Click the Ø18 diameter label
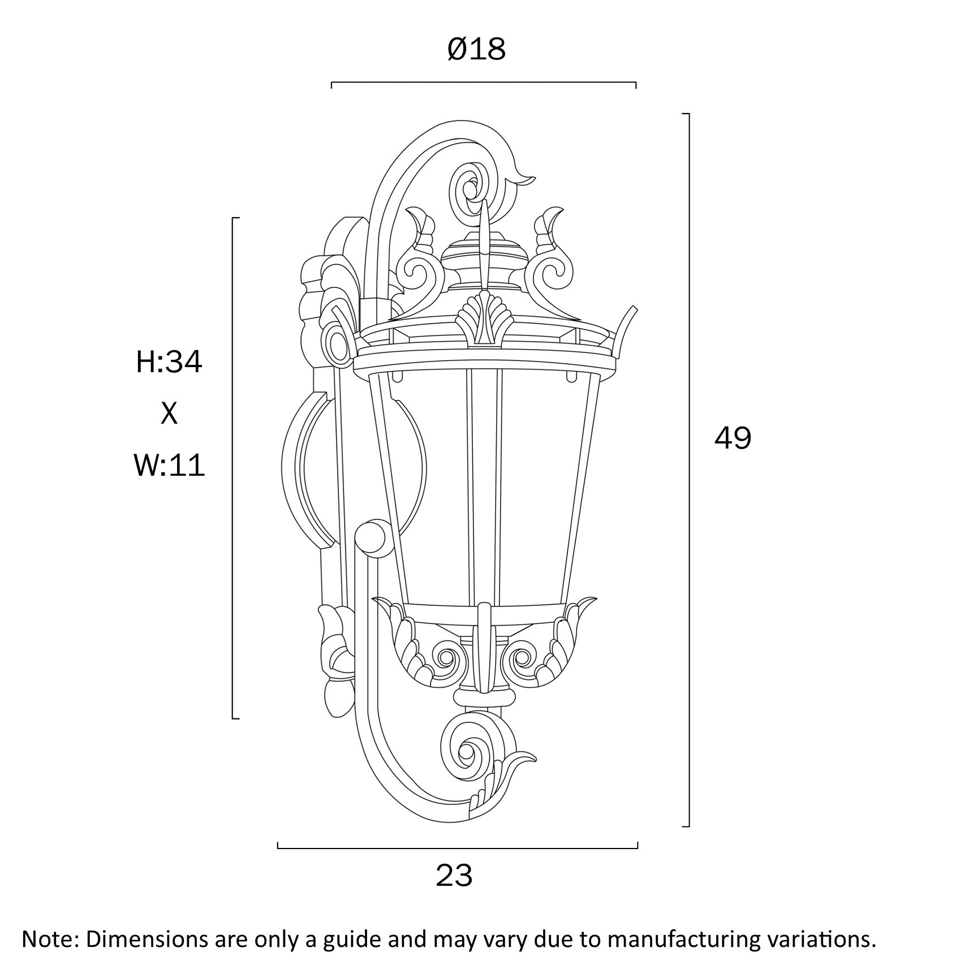pos(476,49)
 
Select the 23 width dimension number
pos(454,876)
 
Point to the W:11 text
pos(169,467)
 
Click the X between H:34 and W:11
pos(169,414)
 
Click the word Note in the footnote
pos(48,940)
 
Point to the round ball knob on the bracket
pos(371,537)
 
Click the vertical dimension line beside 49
pos(688,470)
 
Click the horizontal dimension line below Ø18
pos(484,83)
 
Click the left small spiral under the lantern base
pos(446,657)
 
